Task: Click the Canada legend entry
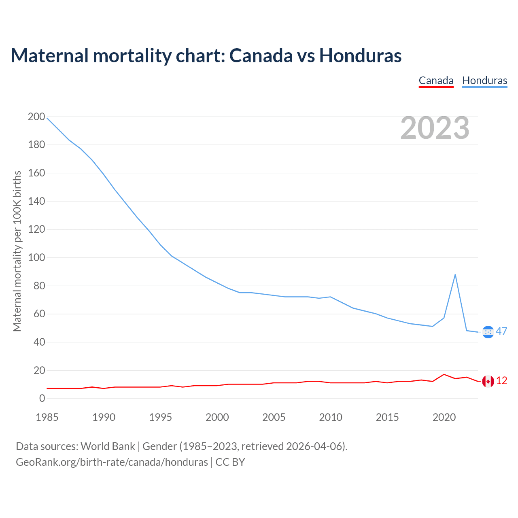436,81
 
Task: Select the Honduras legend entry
484,81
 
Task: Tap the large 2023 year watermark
435,128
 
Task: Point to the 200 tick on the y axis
36,117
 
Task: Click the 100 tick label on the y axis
36,258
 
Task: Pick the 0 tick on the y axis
42,399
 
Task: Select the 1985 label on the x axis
47,417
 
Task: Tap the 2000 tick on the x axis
217,417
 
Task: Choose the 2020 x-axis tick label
444,417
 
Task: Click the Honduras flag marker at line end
488,332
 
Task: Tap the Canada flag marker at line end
488,381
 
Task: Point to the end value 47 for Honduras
501,331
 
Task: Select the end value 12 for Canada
501,381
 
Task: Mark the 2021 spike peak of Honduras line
455,275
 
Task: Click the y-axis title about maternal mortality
17,251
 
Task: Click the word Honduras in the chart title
360,55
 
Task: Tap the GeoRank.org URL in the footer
112,462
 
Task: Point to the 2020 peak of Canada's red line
444,374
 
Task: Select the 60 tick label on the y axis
36,314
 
